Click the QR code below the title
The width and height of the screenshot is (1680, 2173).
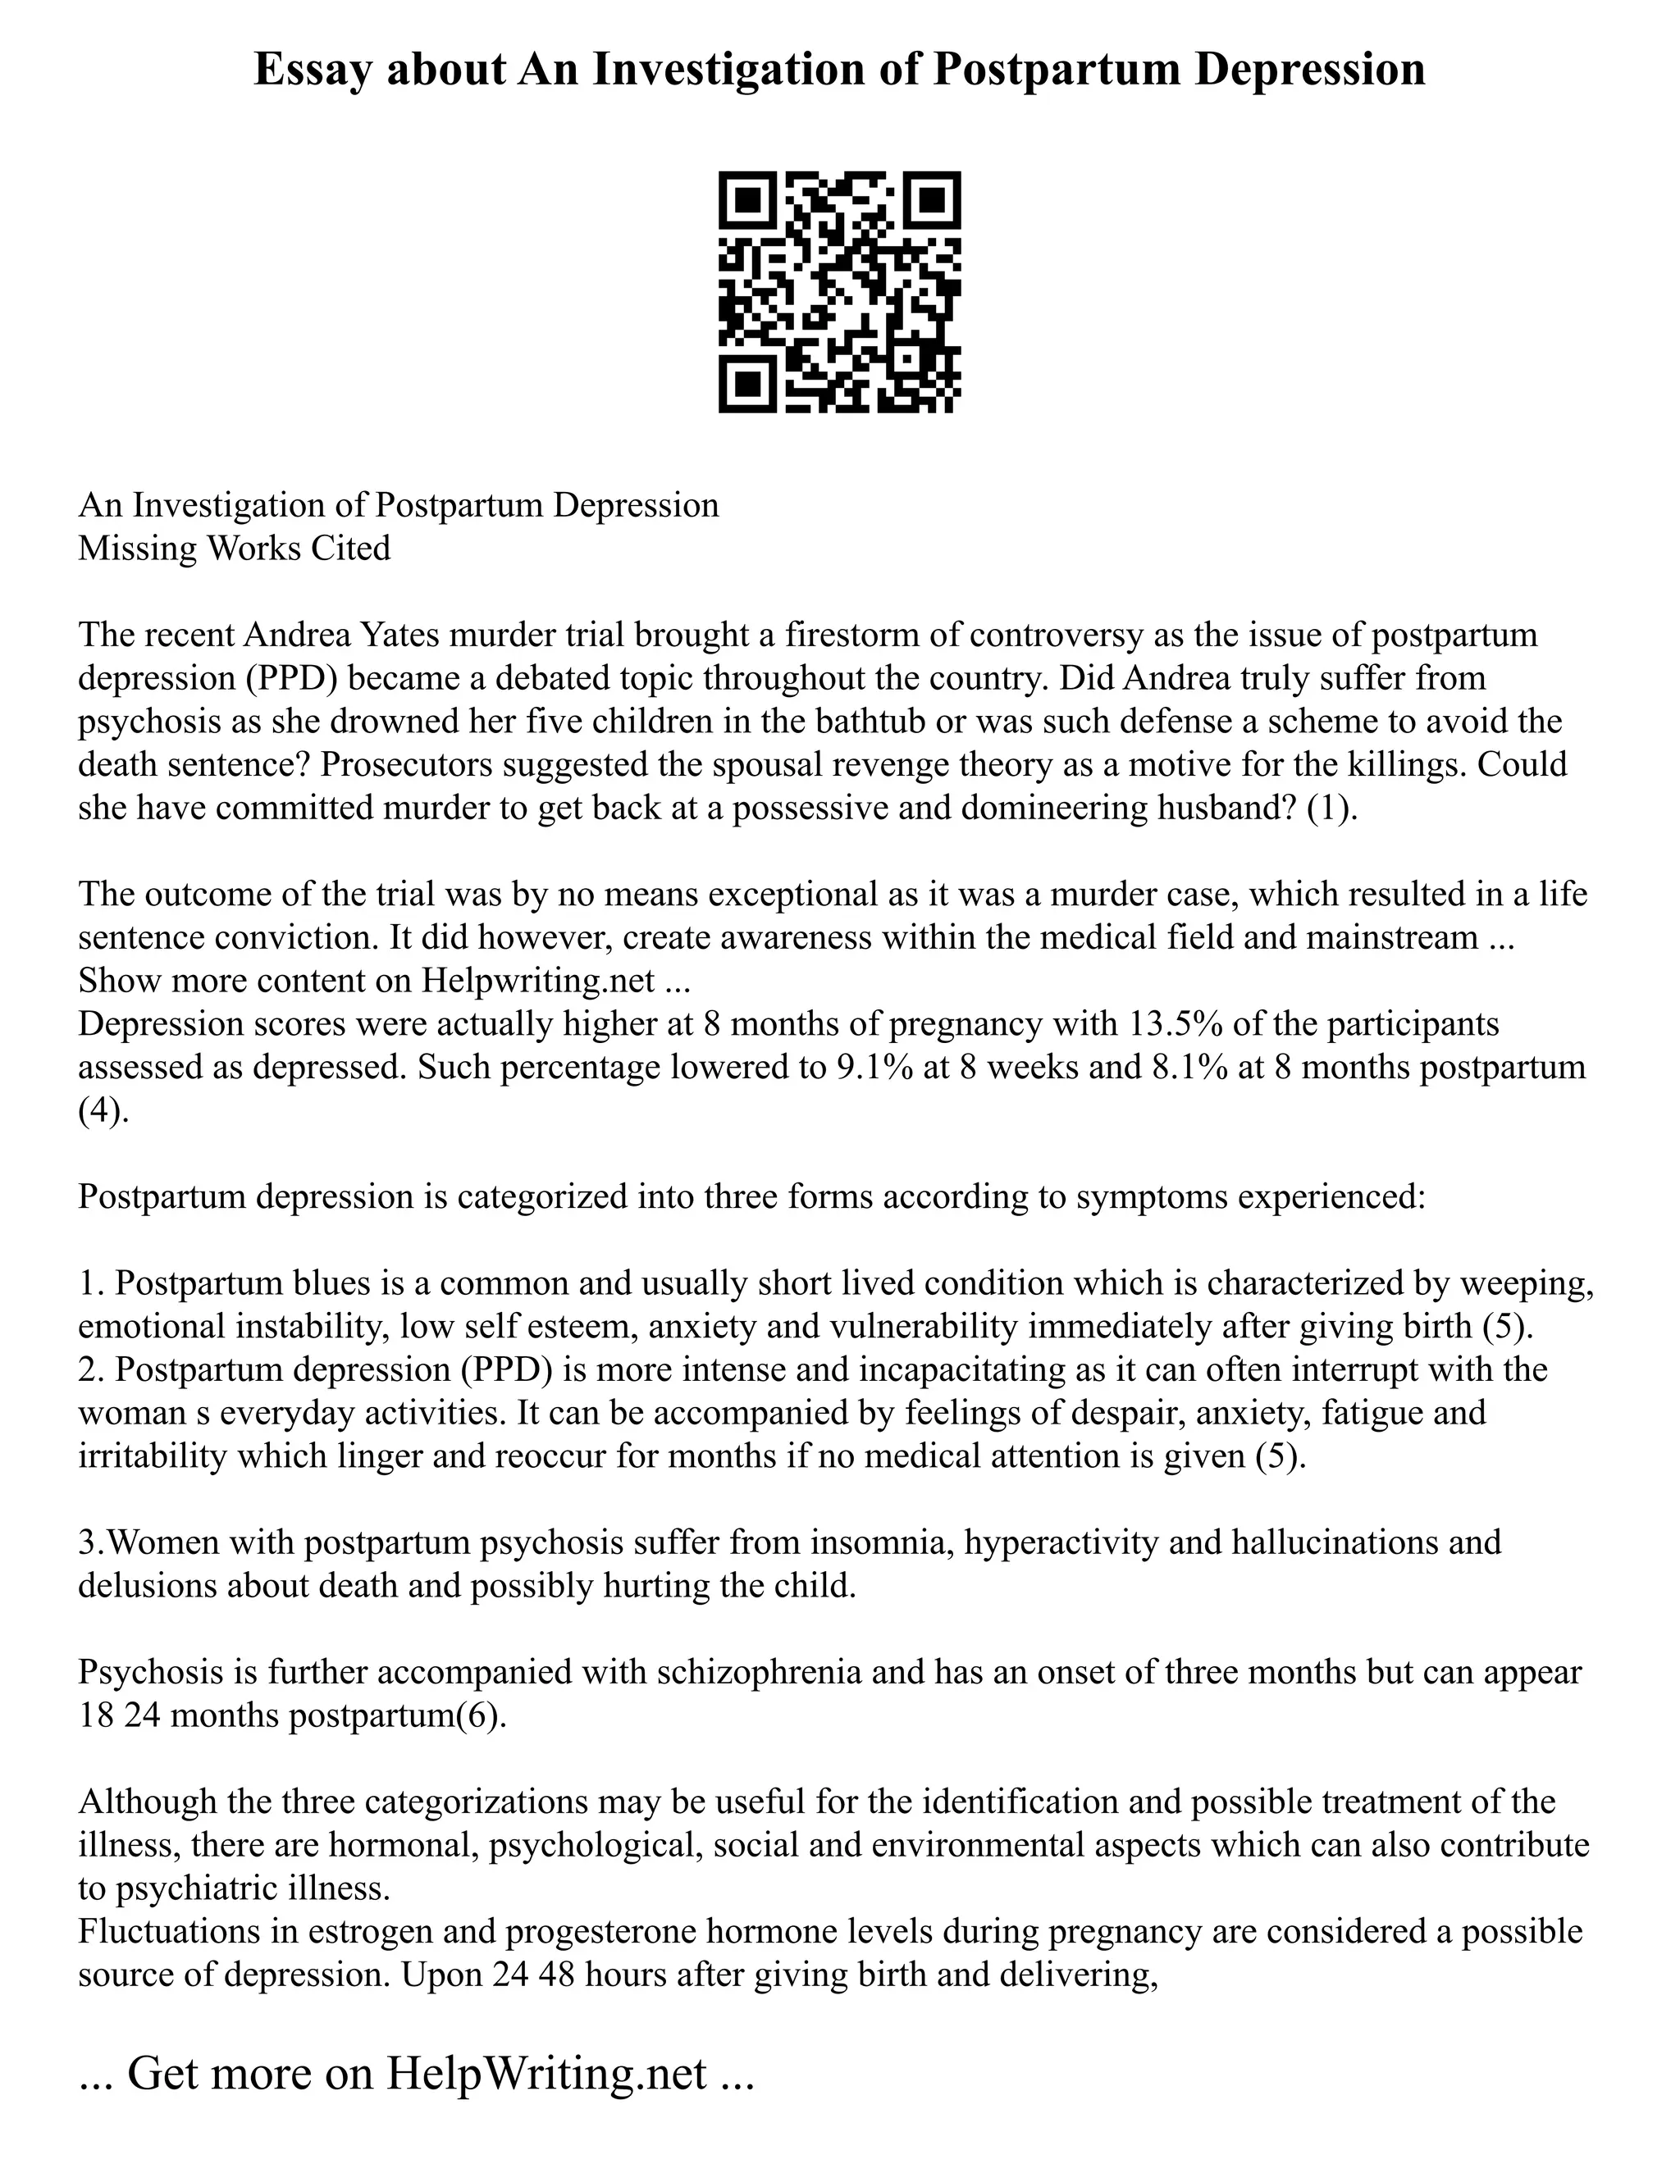tap(839, 293)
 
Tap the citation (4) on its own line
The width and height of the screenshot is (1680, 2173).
tap(103, 1110)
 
